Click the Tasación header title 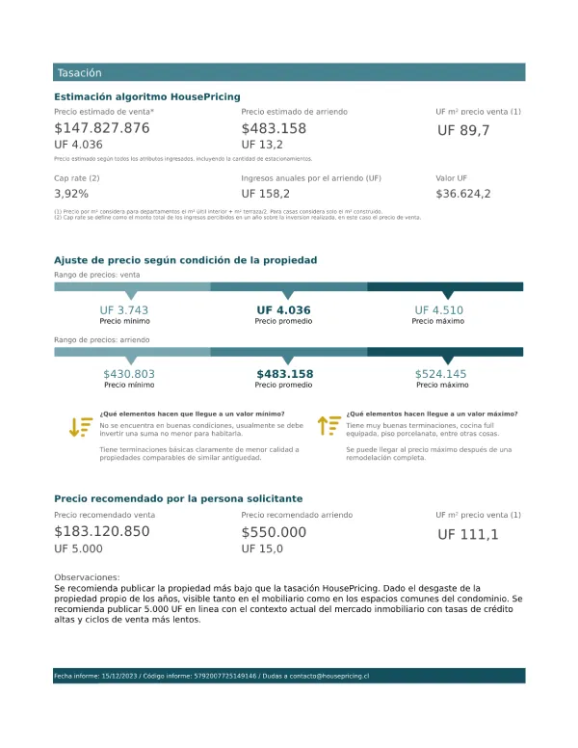point(79,73)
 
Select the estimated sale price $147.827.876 point(102,128)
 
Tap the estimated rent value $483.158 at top point(274,128)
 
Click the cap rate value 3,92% point(71,194)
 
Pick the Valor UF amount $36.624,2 point(463,194)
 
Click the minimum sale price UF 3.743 point(124,310)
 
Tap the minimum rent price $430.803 point(129,374)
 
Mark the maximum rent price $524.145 point(440,374)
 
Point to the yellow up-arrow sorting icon point(328,425)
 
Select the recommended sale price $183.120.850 point(102,532)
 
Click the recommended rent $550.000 point(274,532)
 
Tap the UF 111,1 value point(468,534)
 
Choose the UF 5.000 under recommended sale point(78,549)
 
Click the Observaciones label point(87,576)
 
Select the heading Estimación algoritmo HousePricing point(147,96)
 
